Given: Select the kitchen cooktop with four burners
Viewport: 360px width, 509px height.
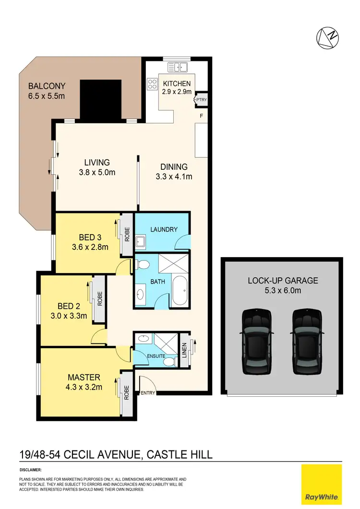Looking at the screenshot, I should (x=153, y=84).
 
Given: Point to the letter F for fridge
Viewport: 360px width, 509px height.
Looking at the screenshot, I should (x=202, y=116).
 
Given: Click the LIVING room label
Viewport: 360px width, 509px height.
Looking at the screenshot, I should (x=97, y=162).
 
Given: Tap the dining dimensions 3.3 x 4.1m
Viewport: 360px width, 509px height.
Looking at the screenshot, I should (x=174, y=177).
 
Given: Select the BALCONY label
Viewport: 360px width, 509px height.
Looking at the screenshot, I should (x=47, y=86).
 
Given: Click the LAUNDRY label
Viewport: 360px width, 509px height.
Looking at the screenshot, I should (x=164, y=230).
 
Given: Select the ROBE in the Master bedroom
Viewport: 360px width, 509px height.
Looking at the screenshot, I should (x=127, y=393).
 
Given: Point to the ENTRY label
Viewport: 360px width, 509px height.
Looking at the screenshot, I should (x=147, y=393).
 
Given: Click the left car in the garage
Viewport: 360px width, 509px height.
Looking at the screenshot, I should (x=256, y=341).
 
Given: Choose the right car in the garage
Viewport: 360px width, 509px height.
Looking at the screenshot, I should (x=307, y=341).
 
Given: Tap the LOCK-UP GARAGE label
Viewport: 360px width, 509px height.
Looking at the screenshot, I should (x=283, y=280).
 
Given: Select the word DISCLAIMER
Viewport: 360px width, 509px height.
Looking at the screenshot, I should (x=31, y=470).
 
